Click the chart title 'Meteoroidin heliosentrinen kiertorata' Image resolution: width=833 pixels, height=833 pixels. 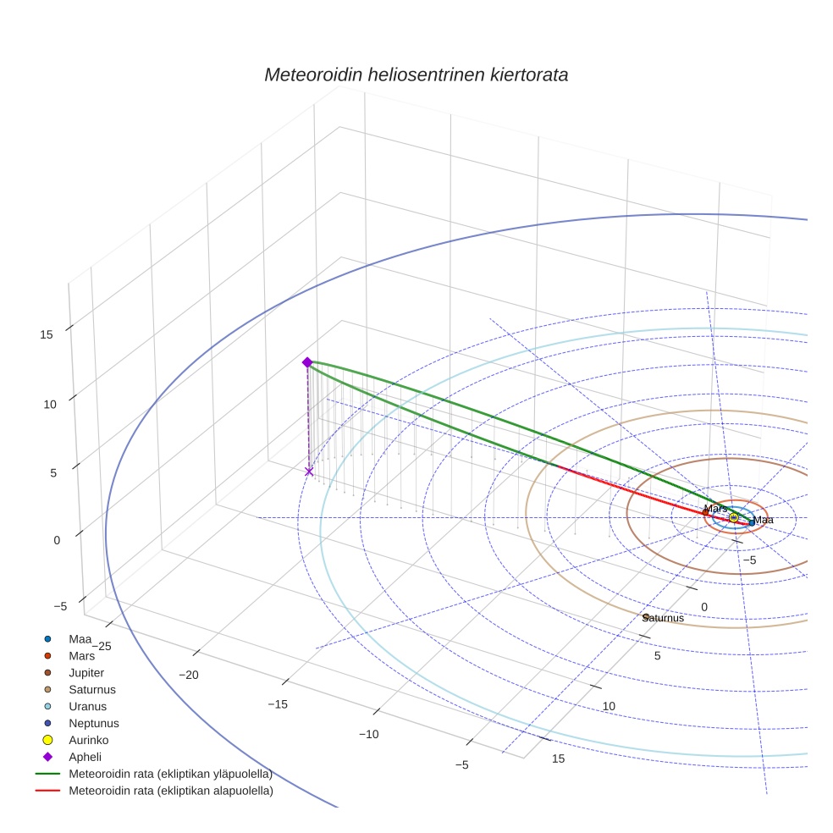pyautogui.click(x=416, y=74)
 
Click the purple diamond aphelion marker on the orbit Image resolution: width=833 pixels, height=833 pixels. pyautogui.click(x=307, y=362)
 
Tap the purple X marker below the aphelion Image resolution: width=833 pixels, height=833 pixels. pyautogui.click(x=309, y=472)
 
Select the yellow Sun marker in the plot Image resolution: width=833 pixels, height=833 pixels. pyautogui.click(x=733, y=517)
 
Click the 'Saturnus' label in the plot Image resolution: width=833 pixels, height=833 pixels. pyautogui.click(x=664, y=618)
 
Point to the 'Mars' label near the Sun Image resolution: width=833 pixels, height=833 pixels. pyautogui.click(x=715, y=509)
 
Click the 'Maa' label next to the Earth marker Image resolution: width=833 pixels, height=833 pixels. pyautogui.click(x=764, y=520)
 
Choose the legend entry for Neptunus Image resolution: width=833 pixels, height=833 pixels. pyautogui.click(x=93, y=723)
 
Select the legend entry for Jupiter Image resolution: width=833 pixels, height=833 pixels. pyautogui.click(x=86, y=672)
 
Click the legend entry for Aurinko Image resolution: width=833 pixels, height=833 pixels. pyautogui.click(x=88, y=740)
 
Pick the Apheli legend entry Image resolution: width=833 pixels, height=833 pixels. pyautogui.click(x=85, y=757)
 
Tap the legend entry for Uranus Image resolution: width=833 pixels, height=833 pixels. pyautogui.click(x=87, y=706)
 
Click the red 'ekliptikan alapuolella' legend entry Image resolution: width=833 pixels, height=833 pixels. pyautogui.click(x=170, y=791)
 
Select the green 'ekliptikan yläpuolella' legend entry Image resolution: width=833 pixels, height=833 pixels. pyautogui.click(x=170, y=774)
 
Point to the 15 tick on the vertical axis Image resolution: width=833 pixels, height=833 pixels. pyautogui.click(x=47, y=334)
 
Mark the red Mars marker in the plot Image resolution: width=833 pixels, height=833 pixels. pyautogui.click(x=706, y=513)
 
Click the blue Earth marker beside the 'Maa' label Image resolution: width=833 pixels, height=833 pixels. pyautogui.click(x=752, y=522)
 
